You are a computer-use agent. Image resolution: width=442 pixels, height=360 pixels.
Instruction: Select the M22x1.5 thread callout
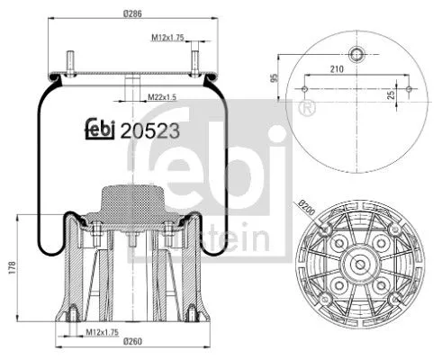(163, 96)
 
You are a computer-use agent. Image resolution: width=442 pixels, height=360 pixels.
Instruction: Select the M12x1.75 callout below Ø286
(167, 39)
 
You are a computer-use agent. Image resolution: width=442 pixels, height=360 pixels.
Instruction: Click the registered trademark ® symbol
(311, 108)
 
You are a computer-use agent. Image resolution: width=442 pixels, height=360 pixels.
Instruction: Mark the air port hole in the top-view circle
(357, 50)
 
